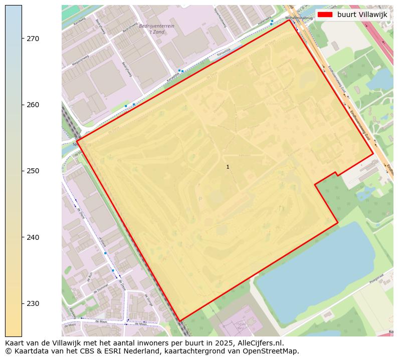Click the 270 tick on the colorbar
(33, 39)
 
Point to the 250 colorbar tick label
(33, 171)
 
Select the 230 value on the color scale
(33, 303)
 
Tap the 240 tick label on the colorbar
(33, 237)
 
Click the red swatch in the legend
(325, 15)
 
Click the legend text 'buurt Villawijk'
(362, 15)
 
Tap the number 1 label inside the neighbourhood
(228, 167)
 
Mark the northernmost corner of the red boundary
(289, 20)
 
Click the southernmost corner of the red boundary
(179, 320)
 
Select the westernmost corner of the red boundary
(77, 140)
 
